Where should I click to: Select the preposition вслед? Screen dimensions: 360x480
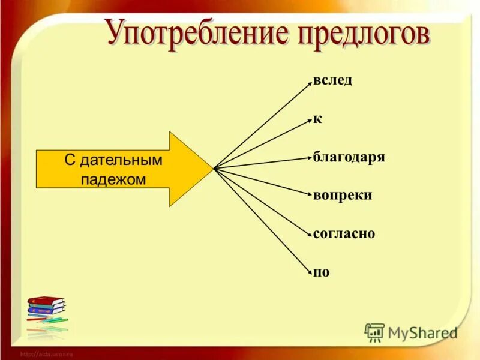(332, 81)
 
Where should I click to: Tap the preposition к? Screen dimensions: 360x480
(317, 119)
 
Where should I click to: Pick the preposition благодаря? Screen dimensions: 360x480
(349, 158)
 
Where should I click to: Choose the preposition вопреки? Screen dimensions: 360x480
(342, 196)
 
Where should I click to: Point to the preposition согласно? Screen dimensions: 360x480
(344, 234)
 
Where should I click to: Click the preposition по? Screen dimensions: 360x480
(322, 272)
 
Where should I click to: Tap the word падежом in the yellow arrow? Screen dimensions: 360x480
(114, 179)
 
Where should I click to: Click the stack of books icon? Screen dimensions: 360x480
(47, 312)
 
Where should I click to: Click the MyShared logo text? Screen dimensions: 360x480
(422, 332)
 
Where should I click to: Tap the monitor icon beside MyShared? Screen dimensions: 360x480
(375, 332)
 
